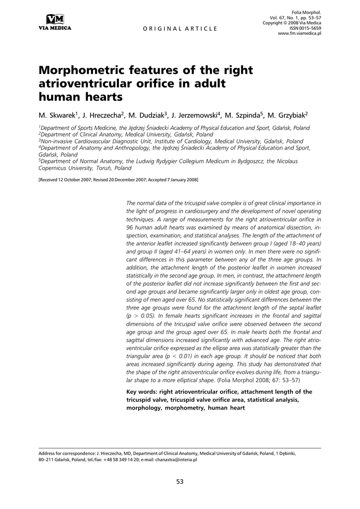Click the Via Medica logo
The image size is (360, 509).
coord(55,22)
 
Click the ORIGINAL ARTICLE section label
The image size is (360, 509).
coord(180,29)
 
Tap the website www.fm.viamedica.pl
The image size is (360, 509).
coord(299,33)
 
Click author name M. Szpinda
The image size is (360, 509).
coord(243,115)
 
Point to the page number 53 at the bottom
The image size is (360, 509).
coord(180,481)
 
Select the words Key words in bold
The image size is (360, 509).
coord(143,392)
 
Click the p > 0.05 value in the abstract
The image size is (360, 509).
coord(141,315)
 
